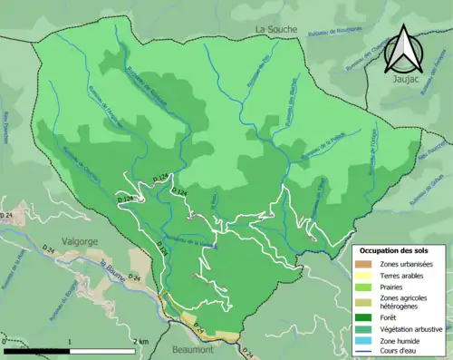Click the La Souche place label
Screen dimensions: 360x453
(x=275, y=29)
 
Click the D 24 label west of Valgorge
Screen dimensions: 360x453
(x=8, y=213)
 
